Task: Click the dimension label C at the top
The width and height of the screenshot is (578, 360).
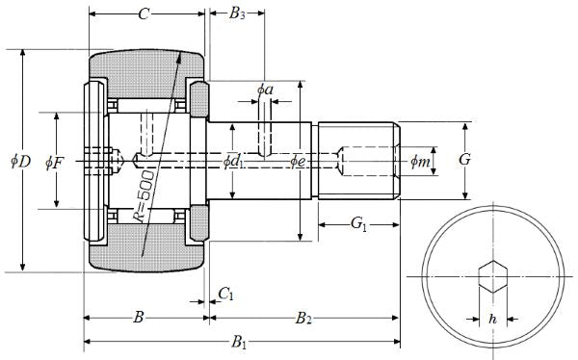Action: click(x=144, y=14)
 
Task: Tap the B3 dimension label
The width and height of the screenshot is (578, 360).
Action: click(x=237, y=14)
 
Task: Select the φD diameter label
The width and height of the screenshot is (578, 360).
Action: click(x=20, y=161)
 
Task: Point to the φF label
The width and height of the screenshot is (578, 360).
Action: click(x=55, y=163)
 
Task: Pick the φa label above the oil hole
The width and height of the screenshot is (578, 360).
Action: click(x=265, y=90)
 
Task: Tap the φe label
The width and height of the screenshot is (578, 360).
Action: click(x=298, y=161)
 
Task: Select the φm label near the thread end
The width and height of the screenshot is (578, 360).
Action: click(x=420, y=161)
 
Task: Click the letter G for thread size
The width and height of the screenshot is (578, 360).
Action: click(x=465, y=160)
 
